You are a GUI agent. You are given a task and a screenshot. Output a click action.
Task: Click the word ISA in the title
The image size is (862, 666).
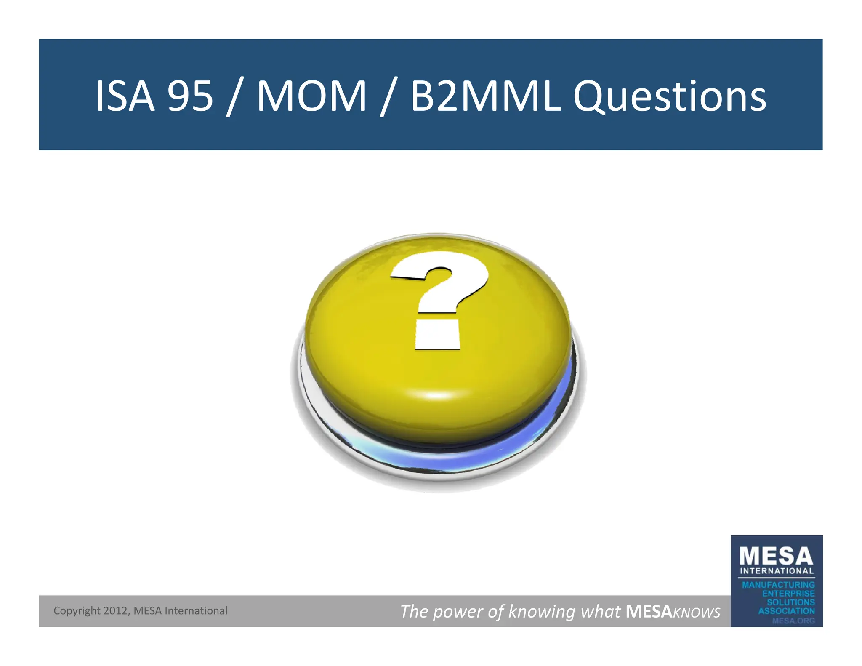pyautogui.click(x=125, y=96)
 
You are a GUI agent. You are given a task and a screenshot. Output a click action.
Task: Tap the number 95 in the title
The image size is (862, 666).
pyautogui.click(x=190, y=96)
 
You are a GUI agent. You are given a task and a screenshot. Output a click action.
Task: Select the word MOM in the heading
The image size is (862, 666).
pyautogui.click(x=311, y=96)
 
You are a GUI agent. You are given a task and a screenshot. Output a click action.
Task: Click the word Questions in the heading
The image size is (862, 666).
pyautogui.click(x=669, y=97)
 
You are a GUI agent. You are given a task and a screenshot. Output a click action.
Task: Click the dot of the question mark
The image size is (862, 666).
pyautogui.click(x=437, y=335)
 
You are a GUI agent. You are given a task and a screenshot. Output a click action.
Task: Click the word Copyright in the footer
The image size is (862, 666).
pyautogui.click(x=77, y=611)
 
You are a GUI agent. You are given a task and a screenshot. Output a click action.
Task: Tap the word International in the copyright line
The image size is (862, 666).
pyautogui.click(x=196, y=610)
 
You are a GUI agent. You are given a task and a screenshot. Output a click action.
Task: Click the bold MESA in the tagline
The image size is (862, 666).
pyautogui.click(x=649, y=611)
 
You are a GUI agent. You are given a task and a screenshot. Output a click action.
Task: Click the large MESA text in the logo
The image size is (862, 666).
pyautogui.click(x=776, y=556)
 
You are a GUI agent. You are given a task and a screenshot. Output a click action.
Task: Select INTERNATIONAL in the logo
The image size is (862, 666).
pyautogui.click(x=777, y=571)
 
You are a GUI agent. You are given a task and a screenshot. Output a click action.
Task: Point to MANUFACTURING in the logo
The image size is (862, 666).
pyautogui.click(x=778, y=585)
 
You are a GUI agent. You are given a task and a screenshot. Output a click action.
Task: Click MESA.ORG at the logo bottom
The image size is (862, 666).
pyautogui.click(x=793, y=621)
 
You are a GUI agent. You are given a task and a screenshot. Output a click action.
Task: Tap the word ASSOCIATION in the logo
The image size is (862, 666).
pyautogui.click(x=786, y=611)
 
